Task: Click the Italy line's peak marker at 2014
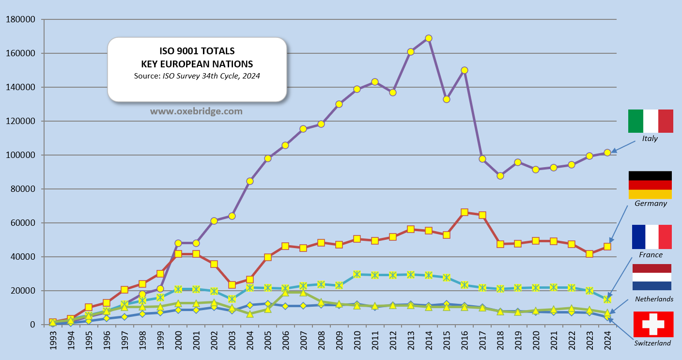click(429, 38)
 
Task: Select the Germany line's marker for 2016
click(465, 212)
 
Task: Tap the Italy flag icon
click(651, 121)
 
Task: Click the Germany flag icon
click(650, 185)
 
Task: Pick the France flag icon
click(651, 237)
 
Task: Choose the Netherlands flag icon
click(651, 277)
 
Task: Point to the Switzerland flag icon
click(653, 324)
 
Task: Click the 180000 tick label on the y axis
click(20, 19)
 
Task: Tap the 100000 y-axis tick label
click(20, 155)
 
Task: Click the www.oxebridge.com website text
click(196, 111)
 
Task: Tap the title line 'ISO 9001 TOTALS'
click(197, 51)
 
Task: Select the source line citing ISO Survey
click(197, 76)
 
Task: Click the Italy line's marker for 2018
click(500, 176)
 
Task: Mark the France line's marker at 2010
click(357, 274)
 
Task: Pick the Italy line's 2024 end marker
click(607, 153)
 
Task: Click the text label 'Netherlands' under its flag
click(654, 299)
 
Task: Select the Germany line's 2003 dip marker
click(232, 285)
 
